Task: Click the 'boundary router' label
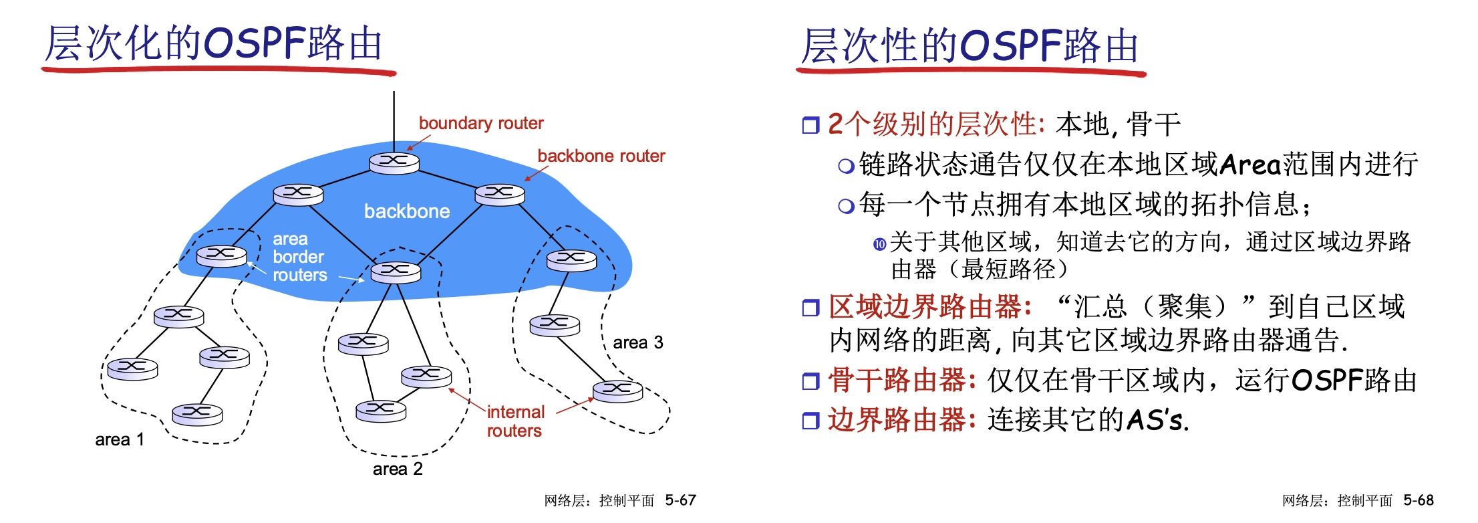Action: [x=481, y=123]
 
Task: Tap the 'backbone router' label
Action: [x=601, y=156]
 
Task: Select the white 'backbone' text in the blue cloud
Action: [x=407, y=211]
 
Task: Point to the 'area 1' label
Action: [x=120, y=439]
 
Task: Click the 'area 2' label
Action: [x=398, y=469]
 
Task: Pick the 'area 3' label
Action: [x=638, y=342]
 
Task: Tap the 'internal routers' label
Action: [x=515, y=421]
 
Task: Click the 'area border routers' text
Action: [x=299, y=257]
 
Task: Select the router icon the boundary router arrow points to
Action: [x=394, y=163]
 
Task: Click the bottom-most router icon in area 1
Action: [x=197, y=413]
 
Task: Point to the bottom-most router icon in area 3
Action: [x=618, y=390]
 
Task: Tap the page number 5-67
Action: [x=680, y=500]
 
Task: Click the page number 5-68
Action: [x=1419, y=500]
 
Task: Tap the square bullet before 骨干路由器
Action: [x=810, y=381]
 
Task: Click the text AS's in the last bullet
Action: [x=1157, y=420]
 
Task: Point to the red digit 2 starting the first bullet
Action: [x=835, y=124]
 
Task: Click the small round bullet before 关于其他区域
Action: [x=880, y=244]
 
